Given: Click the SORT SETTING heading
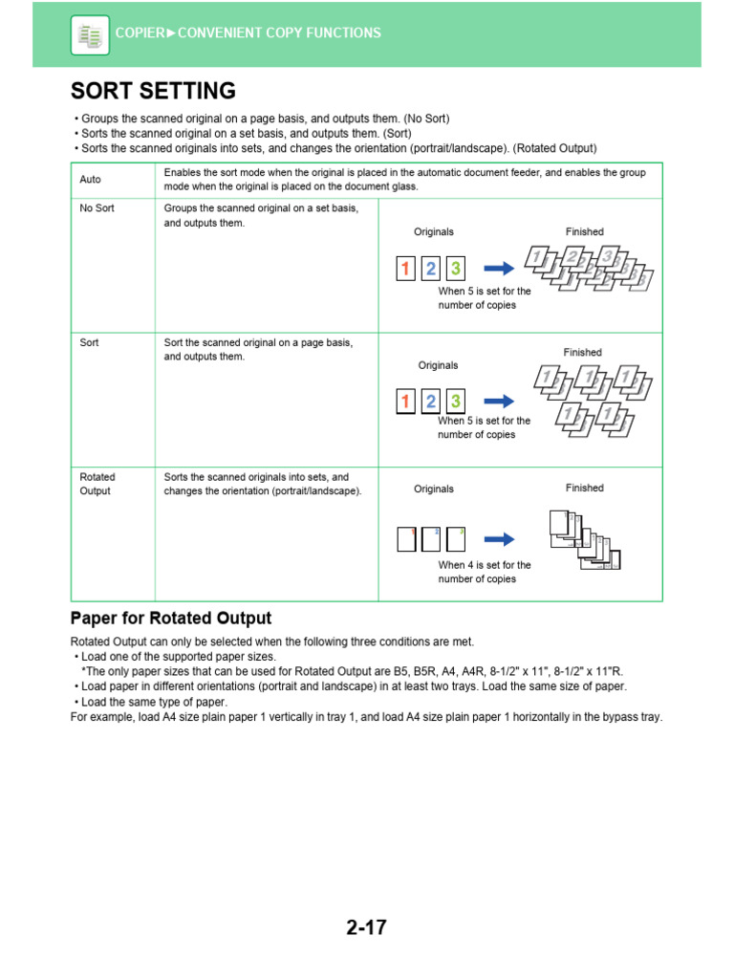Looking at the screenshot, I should click(x=153, y=92).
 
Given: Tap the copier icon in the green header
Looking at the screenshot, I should click(x=90, y=35).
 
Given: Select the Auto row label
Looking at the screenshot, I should click(x=91, y=180).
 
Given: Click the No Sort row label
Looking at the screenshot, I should click(x=97, y=208).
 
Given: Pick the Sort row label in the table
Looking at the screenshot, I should click(x=90, y=342).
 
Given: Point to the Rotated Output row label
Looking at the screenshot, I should click(x=96, y=484).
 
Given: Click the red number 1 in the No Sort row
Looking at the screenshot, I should click(x=405, y=269).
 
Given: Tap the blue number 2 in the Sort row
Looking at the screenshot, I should click(x=431, y=402).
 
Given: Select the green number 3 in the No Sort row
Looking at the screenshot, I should click(x=456, y=269).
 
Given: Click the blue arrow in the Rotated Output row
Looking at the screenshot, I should click(x=499, y=539).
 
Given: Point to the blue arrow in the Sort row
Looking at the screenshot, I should click(x=499, y=402).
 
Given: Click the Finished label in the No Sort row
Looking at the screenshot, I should click(x=584, y=232).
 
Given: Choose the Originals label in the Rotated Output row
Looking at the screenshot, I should click(x=434, y=489).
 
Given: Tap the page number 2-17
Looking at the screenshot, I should click(x=366, y=927).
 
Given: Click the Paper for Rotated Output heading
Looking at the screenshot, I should click(x=171, y=619).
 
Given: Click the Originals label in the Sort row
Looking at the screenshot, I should click(x=438, y=365).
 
